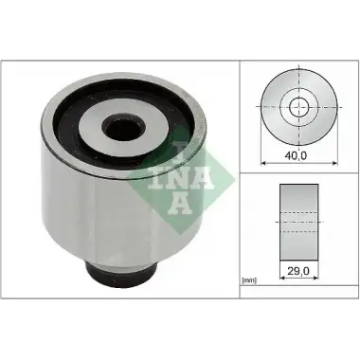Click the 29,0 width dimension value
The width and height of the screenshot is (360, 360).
tap(298, 270)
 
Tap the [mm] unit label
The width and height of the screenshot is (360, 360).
tap(249, 280)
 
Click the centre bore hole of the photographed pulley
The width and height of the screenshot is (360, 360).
tap(124, 127)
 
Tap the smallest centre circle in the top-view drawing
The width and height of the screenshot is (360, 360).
tap(298, 107)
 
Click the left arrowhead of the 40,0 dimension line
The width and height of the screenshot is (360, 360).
tap(263, 163)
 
